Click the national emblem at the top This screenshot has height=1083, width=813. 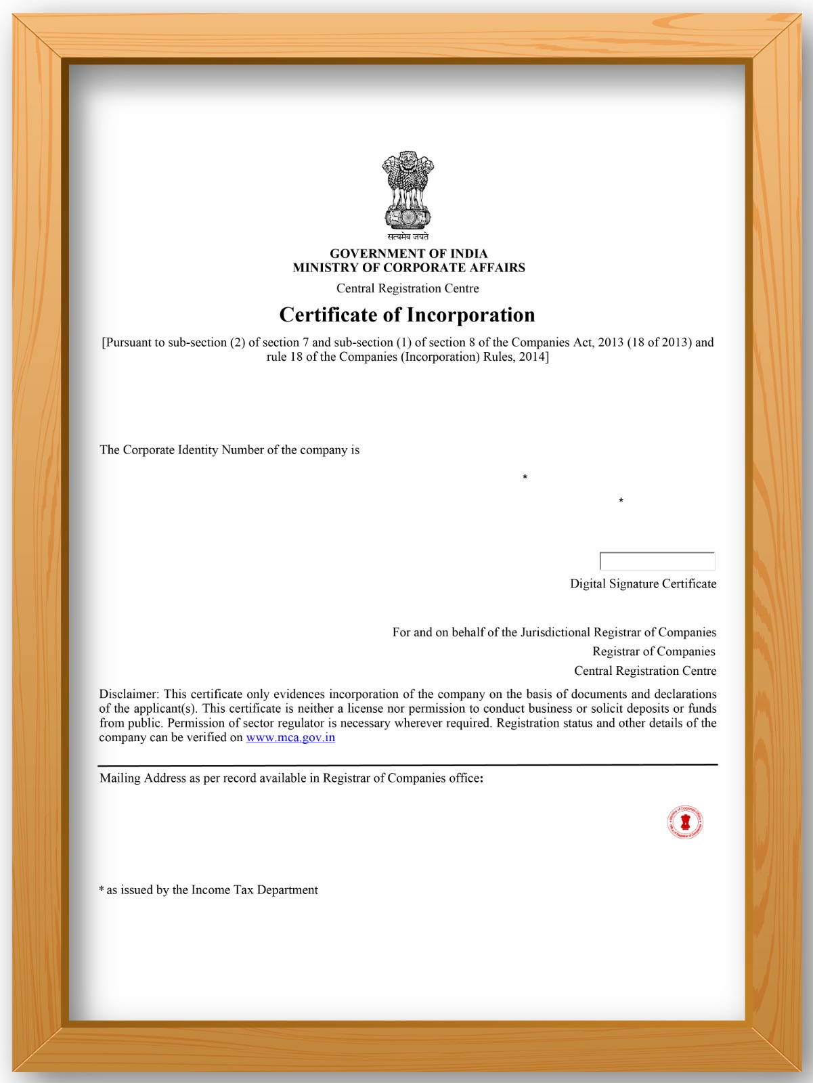[x=408, y=190]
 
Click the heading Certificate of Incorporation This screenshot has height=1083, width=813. [x=407, y=315]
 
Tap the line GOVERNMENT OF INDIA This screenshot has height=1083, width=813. [x=408, y=253]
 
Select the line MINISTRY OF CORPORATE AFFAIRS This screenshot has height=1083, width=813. [x=408, y=267]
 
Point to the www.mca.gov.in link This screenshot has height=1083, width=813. [x=290, y=737]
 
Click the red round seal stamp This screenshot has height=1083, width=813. [x=684, y=822]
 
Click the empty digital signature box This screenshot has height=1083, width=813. [x=657, y=561]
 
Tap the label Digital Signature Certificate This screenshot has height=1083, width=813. [x=642, y=583]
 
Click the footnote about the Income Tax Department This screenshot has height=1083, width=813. [x=208, y=889]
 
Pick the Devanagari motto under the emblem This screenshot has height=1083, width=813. [x=408, y=237]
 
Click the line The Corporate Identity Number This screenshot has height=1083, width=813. [x=229, y=450]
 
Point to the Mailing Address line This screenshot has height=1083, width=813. [x=291, y=778]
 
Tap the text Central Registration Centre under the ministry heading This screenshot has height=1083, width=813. [x=408, y=288]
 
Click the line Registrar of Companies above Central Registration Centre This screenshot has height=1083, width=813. [x=653, y=651]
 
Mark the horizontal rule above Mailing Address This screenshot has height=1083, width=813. [x=408, y=766]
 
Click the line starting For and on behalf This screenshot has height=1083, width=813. [x=554, y=632]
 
